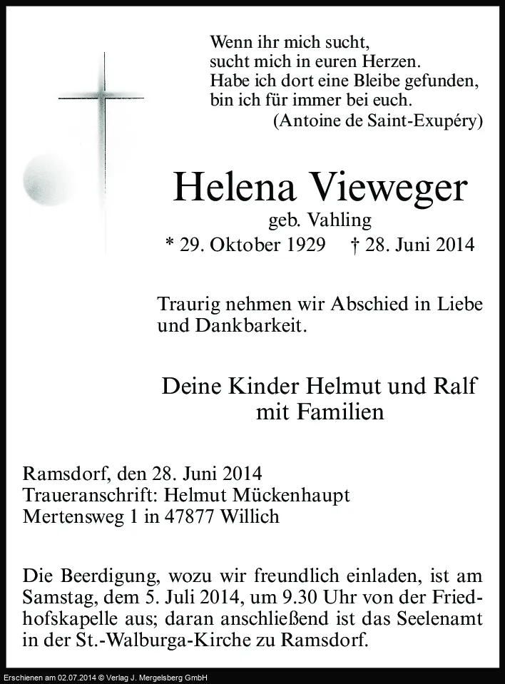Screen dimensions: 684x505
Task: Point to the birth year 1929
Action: (x=303, y=245)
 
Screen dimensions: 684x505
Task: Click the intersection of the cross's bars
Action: (x=105, y=97)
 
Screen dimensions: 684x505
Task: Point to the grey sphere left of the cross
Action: (x=45, y=173)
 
